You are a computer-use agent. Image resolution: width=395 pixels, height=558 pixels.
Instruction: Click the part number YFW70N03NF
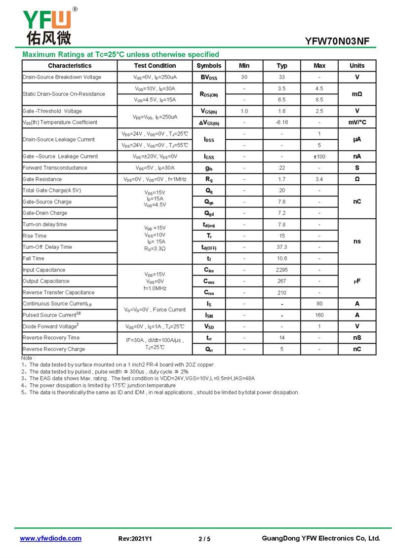(x=337, y=41)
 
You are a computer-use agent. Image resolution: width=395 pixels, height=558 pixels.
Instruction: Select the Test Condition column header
(x=155, y=66)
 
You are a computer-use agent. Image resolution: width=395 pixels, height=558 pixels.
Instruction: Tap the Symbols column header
(x=209, y=66)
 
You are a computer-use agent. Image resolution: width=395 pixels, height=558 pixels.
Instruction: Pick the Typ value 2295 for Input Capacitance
(x=282, y=270)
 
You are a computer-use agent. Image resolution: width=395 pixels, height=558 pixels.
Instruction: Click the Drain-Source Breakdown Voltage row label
(x=62, y=77)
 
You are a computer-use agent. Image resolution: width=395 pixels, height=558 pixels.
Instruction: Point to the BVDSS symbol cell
(x=209, y=77)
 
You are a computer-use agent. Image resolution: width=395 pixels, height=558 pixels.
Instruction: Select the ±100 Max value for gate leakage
(x=319, y=157)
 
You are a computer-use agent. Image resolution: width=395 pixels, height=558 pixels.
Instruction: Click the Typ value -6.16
(x=282, y=122)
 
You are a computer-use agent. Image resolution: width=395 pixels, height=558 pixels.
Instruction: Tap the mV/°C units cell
(x=357, y=122)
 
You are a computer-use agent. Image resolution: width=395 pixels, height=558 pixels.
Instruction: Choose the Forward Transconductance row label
(x=55, y=168)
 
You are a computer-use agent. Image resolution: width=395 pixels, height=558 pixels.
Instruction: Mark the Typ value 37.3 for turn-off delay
(x=282, y=247)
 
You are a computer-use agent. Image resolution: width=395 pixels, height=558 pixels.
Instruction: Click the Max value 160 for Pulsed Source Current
(x=319, y=315)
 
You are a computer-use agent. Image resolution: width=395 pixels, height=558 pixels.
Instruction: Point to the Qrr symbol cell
(x=209, y=349)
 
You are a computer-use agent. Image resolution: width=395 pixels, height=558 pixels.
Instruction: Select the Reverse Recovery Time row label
(x=51, y=338)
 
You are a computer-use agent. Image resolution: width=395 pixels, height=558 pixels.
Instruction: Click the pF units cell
(x=357, y=281)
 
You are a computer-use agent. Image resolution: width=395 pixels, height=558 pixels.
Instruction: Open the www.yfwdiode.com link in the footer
(x=50, y=538)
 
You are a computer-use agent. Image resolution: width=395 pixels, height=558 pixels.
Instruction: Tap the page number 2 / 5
(x=204, y=539)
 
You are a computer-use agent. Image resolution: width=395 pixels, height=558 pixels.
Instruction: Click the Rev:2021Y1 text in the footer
(x=135, y=539)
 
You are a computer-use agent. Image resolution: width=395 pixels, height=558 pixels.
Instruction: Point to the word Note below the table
(x=28, y=358)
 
